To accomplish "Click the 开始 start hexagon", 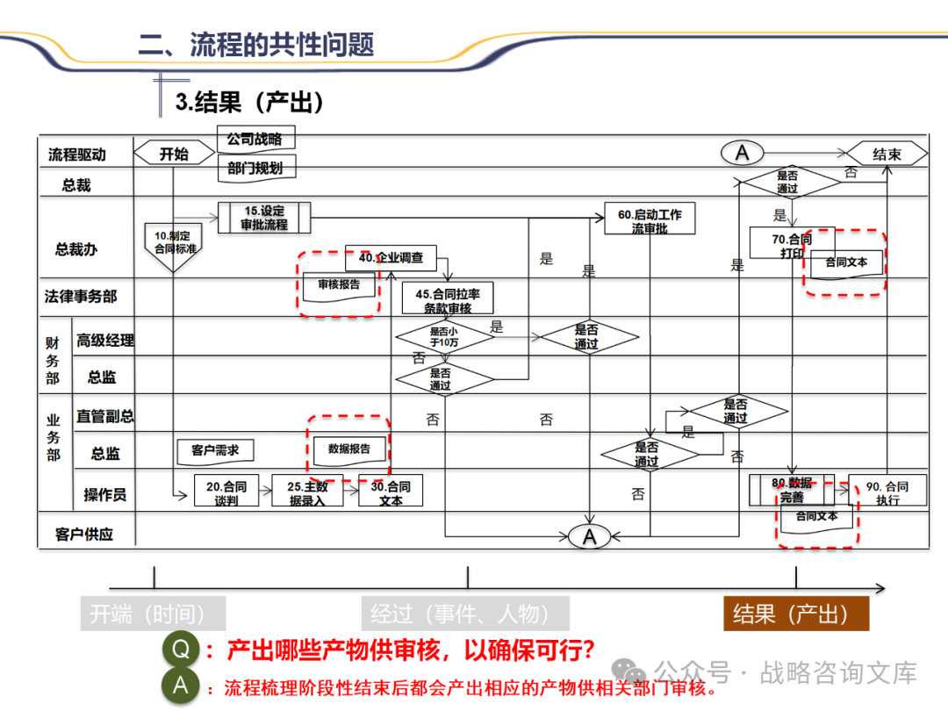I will coord(174,154).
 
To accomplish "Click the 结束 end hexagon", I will coord(887,154).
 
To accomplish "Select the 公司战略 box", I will coord(255,139).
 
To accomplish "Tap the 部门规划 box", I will coord(255,169).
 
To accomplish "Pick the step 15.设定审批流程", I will coord(264,217).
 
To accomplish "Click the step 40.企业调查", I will coord(391,257).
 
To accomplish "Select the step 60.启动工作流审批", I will coord(650,220).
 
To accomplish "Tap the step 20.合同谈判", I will coord(226,492).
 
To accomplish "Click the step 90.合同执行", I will coord(887,492).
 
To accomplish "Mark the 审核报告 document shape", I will coord(339,285).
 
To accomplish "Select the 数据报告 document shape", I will coord(349,449).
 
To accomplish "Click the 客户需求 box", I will coord(215,450).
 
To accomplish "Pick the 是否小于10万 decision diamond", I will coord(444,337).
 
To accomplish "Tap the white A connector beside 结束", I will coord(743,154).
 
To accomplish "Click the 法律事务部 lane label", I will coord(81,297).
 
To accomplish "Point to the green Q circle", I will coord(181,650).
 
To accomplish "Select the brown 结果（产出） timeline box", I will coord(795,614).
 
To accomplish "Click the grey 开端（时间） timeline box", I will coord(153,614).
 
